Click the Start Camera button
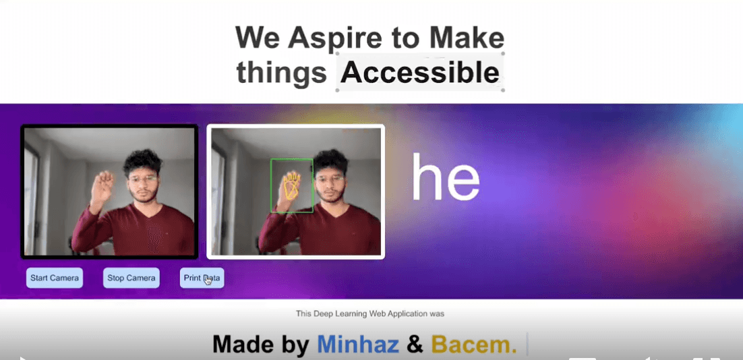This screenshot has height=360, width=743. (x=55, y=278)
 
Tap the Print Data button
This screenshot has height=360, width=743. (x=202, y=278)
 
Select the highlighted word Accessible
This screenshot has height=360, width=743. (x=419, y=72)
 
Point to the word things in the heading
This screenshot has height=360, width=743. (x=281, y=72)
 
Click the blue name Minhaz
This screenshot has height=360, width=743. (x=359, y=344)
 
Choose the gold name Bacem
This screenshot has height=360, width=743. (x=473, y=344)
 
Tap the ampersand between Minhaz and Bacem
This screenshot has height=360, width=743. (x=415, y=344)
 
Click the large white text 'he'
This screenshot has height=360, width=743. (x=445, y=177)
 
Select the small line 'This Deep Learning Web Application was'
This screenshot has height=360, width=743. (x=370, y=313)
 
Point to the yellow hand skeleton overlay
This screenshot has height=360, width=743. (x=291, y=186)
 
